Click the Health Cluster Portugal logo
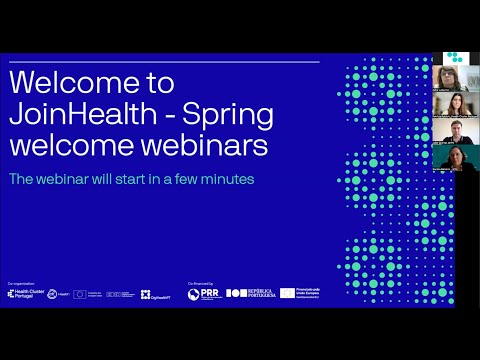[22, 293]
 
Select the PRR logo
[204, 293]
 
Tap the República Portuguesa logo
[250, 293]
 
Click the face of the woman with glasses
[449, 79]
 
